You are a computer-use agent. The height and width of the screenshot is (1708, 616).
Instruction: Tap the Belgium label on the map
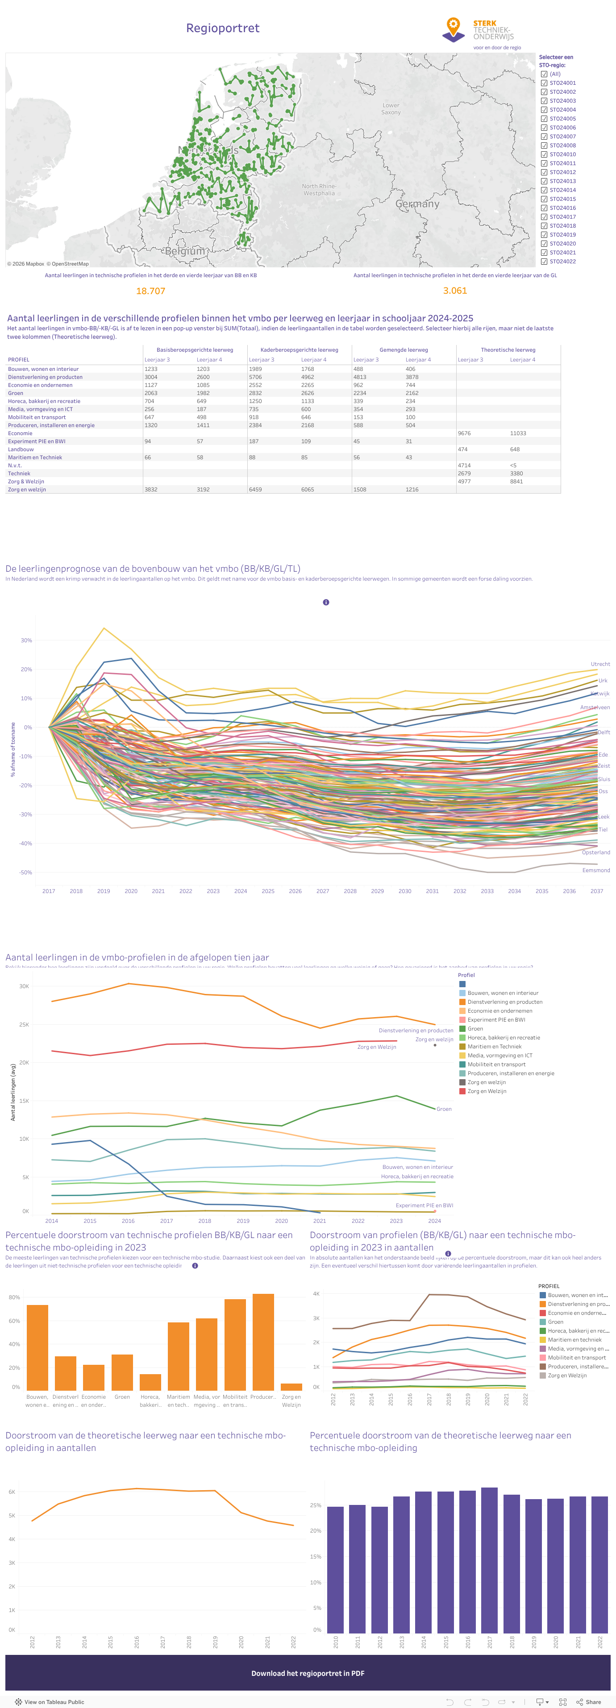point(185,251)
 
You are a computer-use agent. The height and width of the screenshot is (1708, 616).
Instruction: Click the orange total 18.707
point(150,291)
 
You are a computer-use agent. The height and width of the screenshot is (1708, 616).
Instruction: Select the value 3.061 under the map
point(455,291)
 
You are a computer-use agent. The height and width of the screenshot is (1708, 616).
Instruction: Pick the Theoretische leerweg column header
point(508,349)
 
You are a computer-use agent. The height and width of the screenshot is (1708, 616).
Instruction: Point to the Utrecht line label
point(600,664)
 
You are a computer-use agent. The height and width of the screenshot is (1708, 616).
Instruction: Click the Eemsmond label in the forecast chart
point(596,870)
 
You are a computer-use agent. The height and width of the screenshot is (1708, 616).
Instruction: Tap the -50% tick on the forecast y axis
point(26,873)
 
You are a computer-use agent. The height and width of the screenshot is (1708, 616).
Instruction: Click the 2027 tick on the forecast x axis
point(323,891)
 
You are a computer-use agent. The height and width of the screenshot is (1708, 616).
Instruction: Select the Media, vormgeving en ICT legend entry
point(500,1055)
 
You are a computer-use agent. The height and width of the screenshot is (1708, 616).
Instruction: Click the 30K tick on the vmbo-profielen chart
point(24,986)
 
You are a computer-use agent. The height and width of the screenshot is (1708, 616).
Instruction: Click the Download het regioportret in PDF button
point(308,1673)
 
